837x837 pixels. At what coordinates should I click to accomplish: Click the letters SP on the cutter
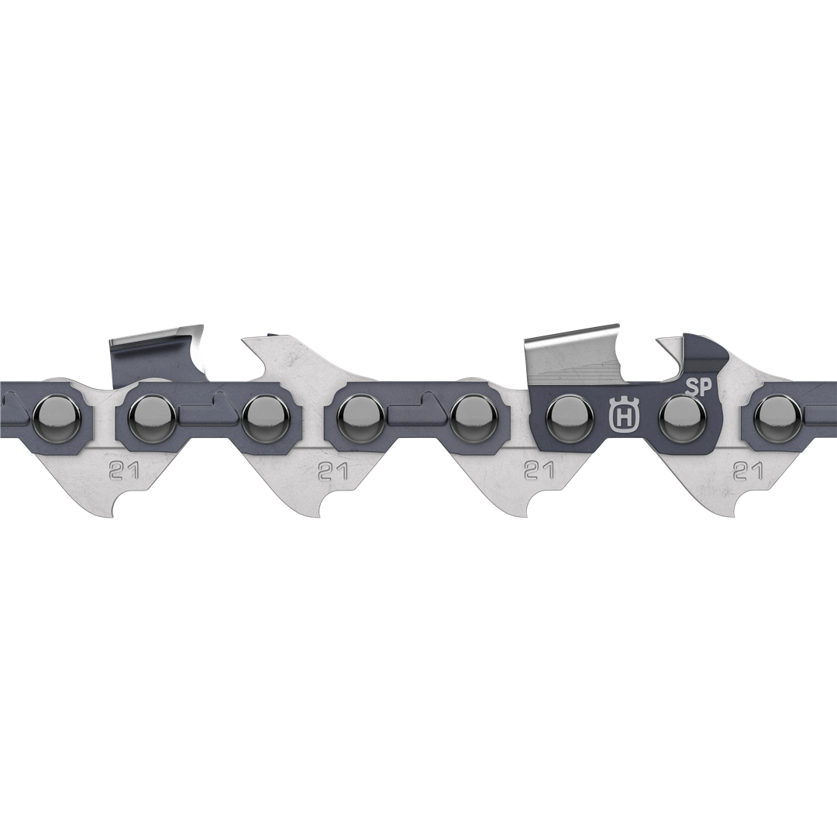coord(698,387)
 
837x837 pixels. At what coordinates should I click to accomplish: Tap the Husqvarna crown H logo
coord(621,415)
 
